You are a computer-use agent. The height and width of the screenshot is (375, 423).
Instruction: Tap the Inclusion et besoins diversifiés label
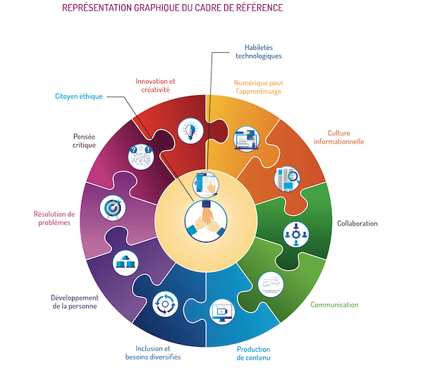[158, 352]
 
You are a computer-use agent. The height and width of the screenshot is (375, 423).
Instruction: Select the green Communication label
[335, 305]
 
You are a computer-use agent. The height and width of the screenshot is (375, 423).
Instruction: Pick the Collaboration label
[357, 223]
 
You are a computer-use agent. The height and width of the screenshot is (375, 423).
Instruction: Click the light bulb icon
[190, 130]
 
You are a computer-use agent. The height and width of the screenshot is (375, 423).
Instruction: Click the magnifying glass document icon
[287, 178]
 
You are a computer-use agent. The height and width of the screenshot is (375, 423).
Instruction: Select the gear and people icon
[295, 235]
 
